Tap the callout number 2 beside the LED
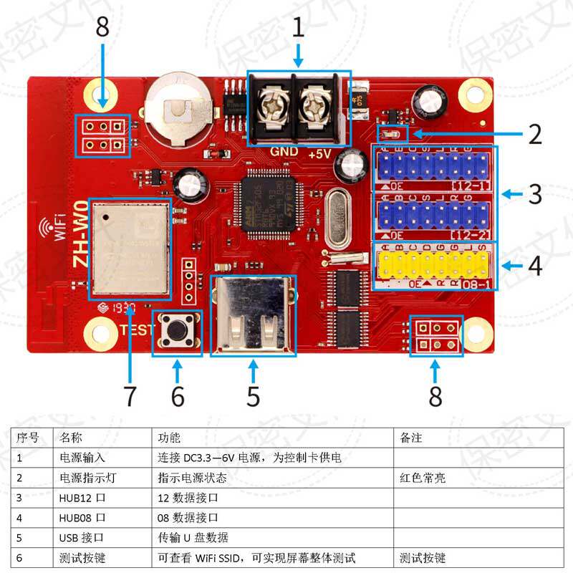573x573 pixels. click(534, 134)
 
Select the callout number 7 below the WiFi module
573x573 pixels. click(130, 393)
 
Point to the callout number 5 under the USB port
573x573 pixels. click(253, 395)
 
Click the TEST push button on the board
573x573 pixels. click(177, 332)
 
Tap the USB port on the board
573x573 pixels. click(253, 316)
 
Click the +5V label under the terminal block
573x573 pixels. click(319, 154)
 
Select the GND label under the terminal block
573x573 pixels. click(284, 153)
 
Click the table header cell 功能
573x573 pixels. click(169, 436)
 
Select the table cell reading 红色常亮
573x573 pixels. click(423, 477)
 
